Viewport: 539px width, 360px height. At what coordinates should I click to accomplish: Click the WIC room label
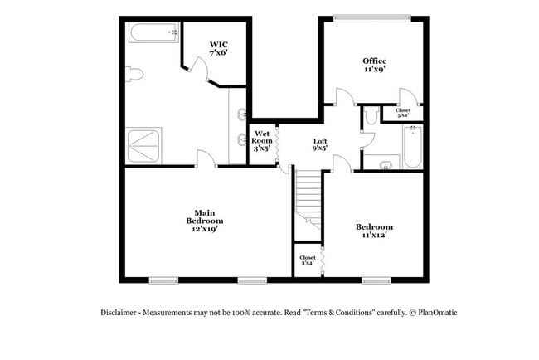click(x=218, y=48)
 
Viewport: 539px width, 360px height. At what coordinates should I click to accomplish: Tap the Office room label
click(x=375, y=65)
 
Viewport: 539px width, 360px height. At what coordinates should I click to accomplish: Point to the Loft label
click(x=319, y=145)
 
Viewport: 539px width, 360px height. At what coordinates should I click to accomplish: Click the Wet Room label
click(x=262, y=141)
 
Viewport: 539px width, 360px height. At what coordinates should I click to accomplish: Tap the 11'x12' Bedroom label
click(x=374, y=231)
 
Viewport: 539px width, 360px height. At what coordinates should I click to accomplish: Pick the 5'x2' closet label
click(x=403, y=112)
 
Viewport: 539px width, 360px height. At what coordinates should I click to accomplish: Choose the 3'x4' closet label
click(x=307, y=260)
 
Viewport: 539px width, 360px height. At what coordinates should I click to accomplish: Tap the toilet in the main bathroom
click(x=135, y=75)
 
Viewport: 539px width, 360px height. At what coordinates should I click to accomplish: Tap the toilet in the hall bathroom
click(x=370, y=118)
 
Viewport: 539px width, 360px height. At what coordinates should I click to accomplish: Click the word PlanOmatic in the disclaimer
click(x=437, y=313)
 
